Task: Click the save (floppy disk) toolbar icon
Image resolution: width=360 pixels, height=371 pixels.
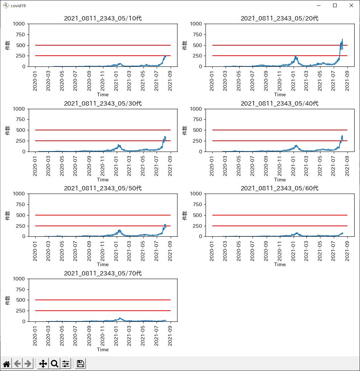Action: coord(80,363)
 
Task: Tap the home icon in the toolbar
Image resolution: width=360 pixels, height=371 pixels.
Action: coord(6,364)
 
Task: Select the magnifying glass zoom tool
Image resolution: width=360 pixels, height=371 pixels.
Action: coord(55,363)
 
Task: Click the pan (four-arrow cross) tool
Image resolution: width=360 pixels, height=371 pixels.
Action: coord(43,363)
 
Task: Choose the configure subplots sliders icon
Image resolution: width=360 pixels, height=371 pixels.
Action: coord(66,363)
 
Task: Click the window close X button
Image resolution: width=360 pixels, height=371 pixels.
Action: coord(351,5)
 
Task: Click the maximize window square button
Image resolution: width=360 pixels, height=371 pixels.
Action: coord(335,5)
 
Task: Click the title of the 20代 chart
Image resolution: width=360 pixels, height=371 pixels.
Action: coord(280,18)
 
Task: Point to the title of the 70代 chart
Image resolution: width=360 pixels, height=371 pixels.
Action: coord(103,273)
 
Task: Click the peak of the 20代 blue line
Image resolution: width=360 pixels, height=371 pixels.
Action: coord(342,39)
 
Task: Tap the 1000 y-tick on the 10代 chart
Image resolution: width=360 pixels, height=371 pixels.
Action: coord(19,24)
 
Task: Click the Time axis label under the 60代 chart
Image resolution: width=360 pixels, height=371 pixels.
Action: coord(280,264)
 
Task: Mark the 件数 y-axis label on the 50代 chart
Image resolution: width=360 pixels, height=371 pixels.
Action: coord(8,215)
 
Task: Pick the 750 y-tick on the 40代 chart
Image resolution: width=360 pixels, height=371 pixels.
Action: coord(197,119)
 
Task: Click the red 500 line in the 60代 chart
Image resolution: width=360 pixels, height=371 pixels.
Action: coord(280,215)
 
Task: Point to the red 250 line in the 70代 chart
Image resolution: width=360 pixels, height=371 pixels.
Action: coord(103,311)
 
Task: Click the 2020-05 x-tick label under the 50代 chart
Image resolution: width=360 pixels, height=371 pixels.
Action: coord(62,251)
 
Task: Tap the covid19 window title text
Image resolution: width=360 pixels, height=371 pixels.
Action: coord(18,6)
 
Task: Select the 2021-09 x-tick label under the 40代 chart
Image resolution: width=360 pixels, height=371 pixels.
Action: coord(347,166)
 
